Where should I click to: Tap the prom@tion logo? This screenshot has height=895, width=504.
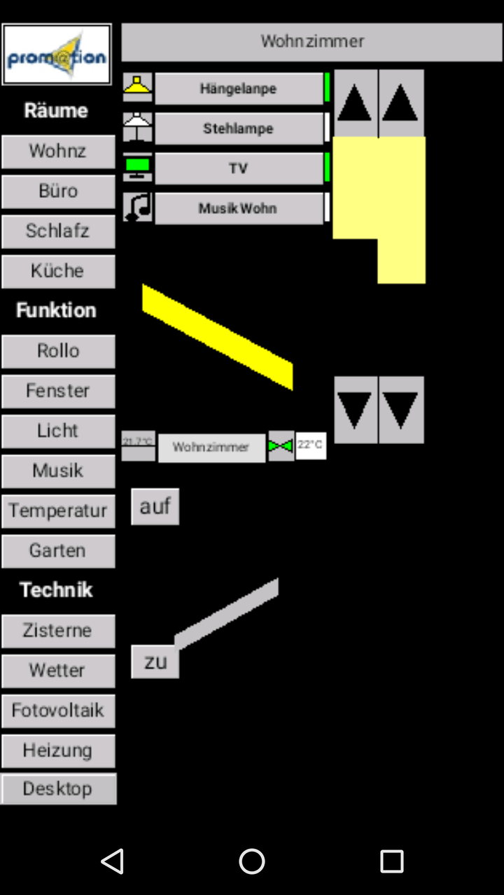[x=57, y=55]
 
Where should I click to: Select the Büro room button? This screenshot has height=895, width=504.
[x=58, y=191]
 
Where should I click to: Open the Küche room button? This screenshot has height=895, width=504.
[x=58, y=271]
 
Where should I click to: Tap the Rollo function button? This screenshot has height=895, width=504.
[x=58, y=351]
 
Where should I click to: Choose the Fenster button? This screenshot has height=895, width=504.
[x=58, y=391]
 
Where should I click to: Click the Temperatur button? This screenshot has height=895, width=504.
[x=58, y=511]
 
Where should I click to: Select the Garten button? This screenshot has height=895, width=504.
[x=58, y=551]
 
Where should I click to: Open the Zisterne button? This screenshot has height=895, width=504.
[x=58, y=631]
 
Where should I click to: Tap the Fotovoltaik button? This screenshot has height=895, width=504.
[x=58, y=710]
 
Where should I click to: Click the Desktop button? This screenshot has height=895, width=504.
[x=58, y=789]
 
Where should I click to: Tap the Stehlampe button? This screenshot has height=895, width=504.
[x=238, y=129]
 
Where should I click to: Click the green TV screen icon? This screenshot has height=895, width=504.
[x=137, y=168]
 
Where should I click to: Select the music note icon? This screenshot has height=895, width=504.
[x=137, y=208]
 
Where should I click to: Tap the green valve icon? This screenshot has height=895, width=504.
[x=281, y=446]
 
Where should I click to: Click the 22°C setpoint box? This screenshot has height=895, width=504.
[x=311, y=445]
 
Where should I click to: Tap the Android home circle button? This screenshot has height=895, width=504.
[x=252, y=861]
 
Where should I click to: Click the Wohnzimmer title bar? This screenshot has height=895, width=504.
[x=312, y=42]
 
